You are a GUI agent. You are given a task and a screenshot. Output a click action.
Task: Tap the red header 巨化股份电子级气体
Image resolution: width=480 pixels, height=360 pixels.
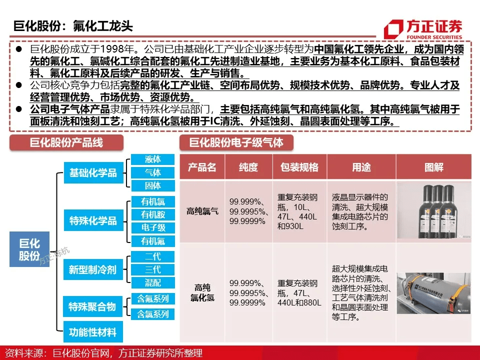pos(236,142)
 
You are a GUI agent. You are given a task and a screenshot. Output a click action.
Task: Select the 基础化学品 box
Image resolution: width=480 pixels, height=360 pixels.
pos(93,173)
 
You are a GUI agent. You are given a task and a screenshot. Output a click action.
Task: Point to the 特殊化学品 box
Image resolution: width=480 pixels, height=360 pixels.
pos(93,220)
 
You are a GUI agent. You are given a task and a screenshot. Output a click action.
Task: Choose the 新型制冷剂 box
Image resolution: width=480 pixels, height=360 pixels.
pos(93,269)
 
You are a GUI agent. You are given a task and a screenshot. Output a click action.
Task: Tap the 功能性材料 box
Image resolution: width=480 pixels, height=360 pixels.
pos(93,332)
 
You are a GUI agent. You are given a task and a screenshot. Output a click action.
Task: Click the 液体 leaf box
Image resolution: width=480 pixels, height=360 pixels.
pos(152,159)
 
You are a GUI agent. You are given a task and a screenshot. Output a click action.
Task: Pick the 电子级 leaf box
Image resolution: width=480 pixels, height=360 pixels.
pos(152,228)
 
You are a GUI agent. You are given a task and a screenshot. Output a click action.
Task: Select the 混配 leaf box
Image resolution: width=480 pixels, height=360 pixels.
pos(152,282)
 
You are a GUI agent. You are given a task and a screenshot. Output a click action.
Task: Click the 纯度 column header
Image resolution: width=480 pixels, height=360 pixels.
pos(248,167)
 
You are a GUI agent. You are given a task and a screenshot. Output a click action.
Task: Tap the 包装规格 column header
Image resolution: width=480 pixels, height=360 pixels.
pos(299,167)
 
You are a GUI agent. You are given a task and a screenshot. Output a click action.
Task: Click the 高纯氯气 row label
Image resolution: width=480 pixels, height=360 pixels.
pos(202,211)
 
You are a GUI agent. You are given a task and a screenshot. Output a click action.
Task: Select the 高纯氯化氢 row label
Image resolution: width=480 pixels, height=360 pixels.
pos(202,292)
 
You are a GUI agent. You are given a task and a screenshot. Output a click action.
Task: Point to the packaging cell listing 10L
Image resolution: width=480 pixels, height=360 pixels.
pos(298,211)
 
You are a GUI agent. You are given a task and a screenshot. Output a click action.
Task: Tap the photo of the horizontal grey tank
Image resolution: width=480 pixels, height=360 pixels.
pos(434,292)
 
